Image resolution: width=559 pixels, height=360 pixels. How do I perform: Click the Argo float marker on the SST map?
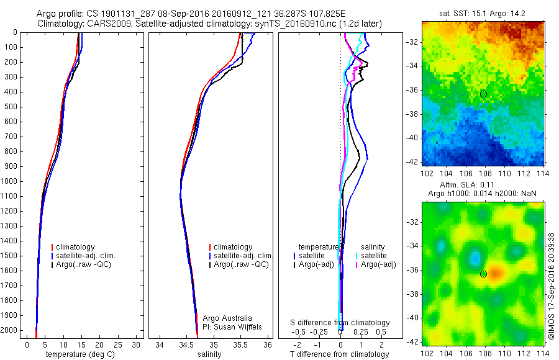pos(483,94)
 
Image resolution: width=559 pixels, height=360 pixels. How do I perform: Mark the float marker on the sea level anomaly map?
pos(483,274)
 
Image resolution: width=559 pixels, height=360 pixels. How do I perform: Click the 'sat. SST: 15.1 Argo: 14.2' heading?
pos(483,13)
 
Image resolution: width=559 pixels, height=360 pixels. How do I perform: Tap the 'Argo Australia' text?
pos(227,318)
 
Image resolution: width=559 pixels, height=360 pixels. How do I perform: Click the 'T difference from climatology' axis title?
pos(340,354)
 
